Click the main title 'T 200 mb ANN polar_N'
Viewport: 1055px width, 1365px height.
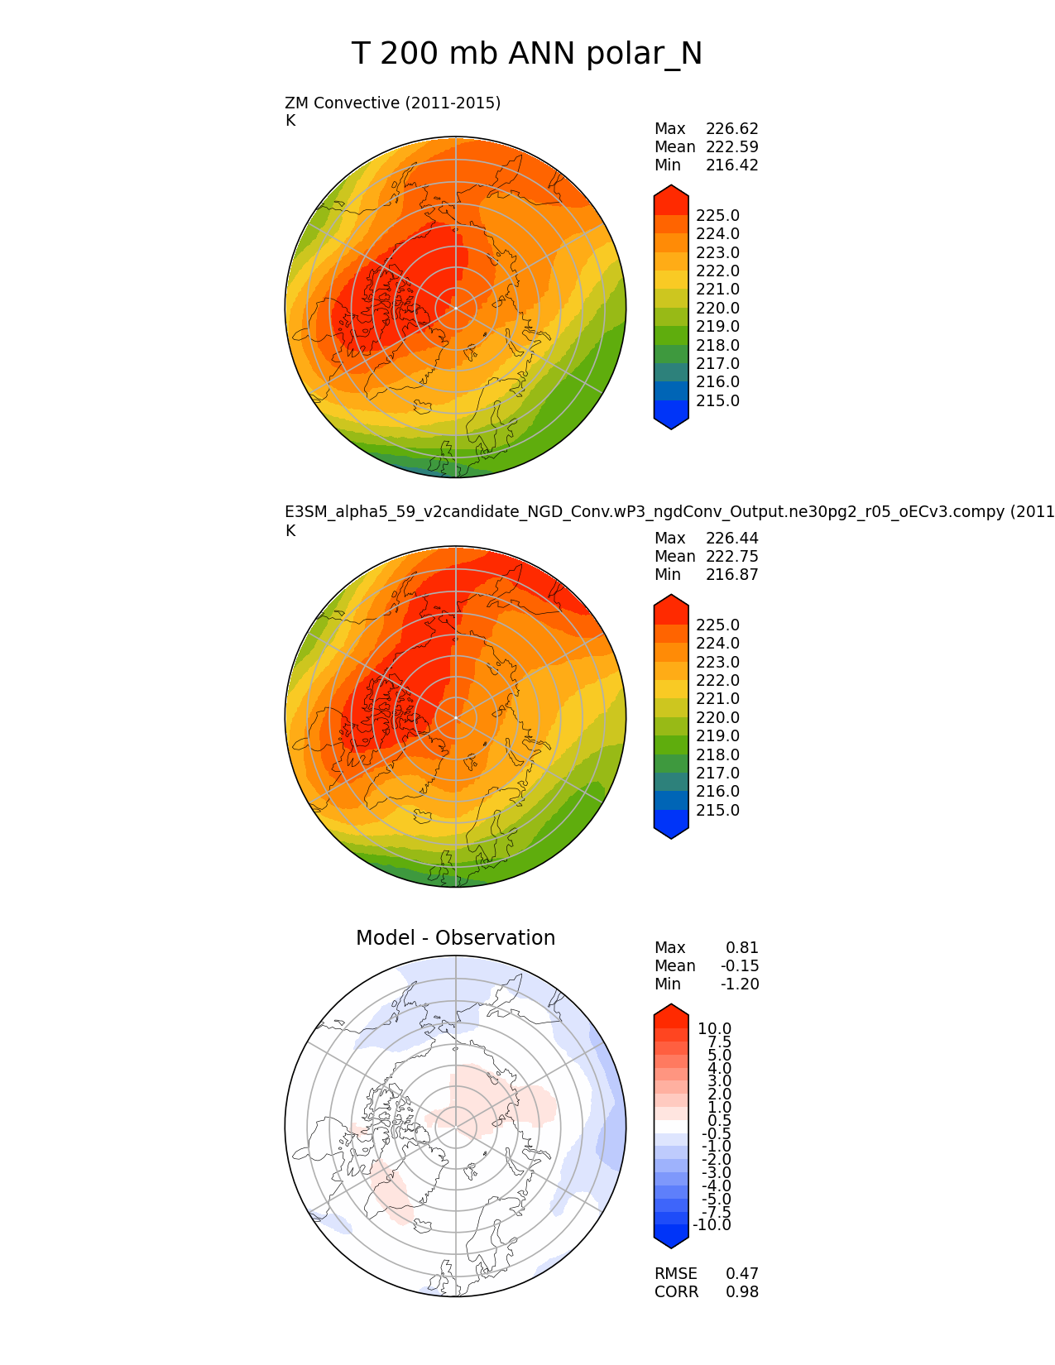[527, 55]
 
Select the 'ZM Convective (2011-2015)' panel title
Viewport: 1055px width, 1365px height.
[392, 103]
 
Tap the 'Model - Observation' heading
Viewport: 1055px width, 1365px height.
[455, 938]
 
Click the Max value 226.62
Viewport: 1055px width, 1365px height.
[731, 129]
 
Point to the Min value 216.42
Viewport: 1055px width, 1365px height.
[731, 165]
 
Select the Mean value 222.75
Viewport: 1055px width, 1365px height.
[731, 557]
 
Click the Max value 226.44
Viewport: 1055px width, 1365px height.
[731, 539]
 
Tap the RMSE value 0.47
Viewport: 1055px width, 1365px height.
[742, 1274]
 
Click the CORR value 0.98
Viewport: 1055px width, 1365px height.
[742, 1292]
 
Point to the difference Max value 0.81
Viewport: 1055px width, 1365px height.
[742, 948]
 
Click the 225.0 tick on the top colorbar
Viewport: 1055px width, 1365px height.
[717, 216]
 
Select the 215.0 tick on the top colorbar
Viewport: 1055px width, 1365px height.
[717, 401]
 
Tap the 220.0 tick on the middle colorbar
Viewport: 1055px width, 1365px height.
[717, 718]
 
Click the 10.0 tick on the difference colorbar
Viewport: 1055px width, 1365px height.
[714, 1029]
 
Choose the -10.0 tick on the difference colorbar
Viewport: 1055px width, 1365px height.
[712, 1225]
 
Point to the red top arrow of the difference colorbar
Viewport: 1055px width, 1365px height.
[671, 1013]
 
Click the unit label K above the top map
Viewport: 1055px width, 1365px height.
[290, 121]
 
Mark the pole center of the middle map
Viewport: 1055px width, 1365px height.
[456, 717]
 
